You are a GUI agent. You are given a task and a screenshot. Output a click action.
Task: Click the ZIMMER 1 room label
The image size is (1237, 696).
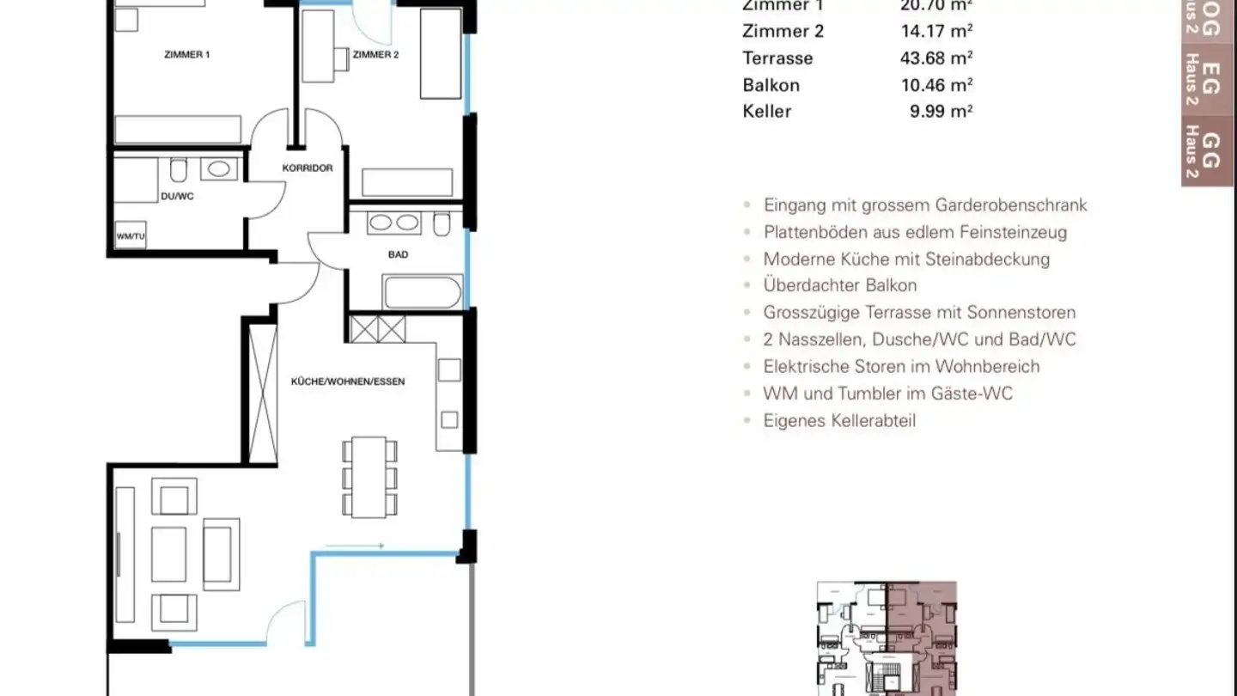click(187, 55)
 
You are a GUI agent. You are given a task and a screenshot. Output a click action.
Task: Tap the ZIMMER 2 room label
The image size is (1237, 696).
click(375, 55)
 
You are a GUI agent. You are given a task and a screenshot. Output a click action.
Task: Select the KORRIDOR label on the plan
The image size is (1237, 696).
click(307, 168)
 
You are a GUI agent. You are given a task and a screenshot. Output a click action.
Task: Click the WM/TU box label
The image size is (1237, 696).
click(130, 235)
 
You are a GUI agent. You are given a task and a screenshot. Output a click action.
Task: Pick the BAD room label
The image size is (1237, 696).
click(398, 254)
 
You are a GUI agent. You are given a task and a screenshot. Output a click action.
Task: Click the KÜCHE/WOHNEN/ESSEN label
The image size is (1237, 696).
click(348, 382)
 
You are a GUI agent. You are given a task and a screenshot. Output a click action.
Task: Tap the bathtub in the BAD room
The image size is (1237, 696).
click(423, 291)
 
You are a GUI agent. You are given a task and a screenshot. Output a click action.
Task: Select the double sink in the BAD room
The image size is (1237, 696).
click(393, 223)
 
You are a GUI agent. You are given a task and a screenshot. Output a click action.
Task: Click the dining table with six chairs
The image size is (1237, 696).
click(369, 477)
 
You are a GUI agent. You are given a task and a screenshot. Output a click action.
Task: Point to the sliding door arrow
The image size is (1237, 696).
click(355, 545)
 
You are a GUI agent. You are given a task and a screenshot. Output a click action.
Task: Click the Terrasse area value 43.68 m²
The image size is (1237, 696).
click(941, 58)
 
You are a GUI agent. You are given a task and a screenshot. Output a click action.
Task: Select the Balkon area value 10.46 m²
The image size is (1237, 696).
click(941, 85)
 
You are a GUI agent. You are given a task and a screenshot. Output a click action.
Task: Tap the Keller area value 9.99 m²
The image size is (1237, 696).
click(941, 111)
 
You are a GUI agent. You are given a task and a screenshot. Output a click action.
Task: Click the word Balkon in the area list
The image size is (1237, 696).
click(771, 85)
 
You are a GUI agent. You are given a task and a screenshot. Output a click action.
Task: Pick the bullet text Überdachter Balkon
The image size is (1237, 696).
click(839, 285)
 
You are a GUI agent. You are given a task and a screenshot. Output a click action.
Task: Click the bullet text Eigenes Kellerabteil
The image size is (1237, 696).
click(839, 421)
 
